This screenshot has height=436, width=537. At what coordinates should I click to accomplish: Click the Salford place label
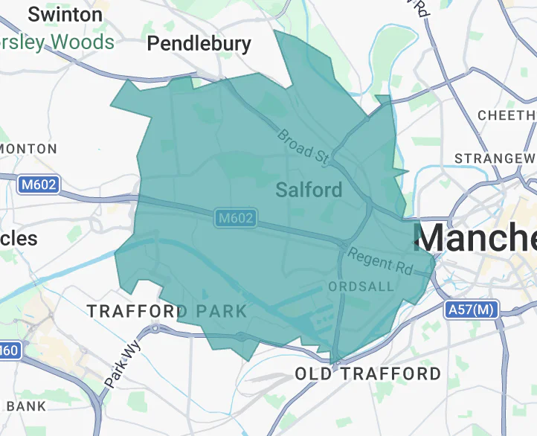(309, 190)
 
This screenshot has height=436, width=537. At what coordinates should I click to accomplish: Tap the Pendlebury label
(199, 44)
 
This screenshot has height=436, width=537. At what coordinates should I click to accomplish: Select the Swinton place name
(65, 14)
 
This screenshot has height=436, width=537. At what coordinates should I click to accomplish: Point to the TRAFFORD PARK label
(167, 311)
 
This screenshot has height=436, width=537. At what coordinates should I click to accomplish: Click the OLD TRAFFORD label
(367, 374)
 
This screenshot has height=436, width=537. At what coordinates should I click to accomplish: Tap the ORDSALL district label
(356, 286)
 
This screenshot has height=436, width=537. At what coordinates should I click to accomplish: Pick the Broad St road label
(303, 146)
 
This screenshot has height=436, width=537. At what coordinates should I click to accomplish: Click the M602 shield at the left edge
(38, 184)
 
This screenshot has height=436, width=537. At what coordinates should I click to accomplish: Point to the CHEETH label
(506, 115)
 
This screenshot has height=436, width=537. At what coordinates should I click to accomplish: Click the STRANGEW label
(495, 158)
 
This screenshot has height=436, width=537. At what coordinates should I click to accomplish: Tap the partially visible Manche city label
(476, 237)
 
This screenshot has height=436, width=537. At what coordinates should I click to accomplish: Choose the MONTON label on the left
(28, 149)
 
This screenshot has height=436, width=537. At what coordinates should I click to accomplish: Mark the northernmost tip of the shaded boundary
(276, 31)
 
